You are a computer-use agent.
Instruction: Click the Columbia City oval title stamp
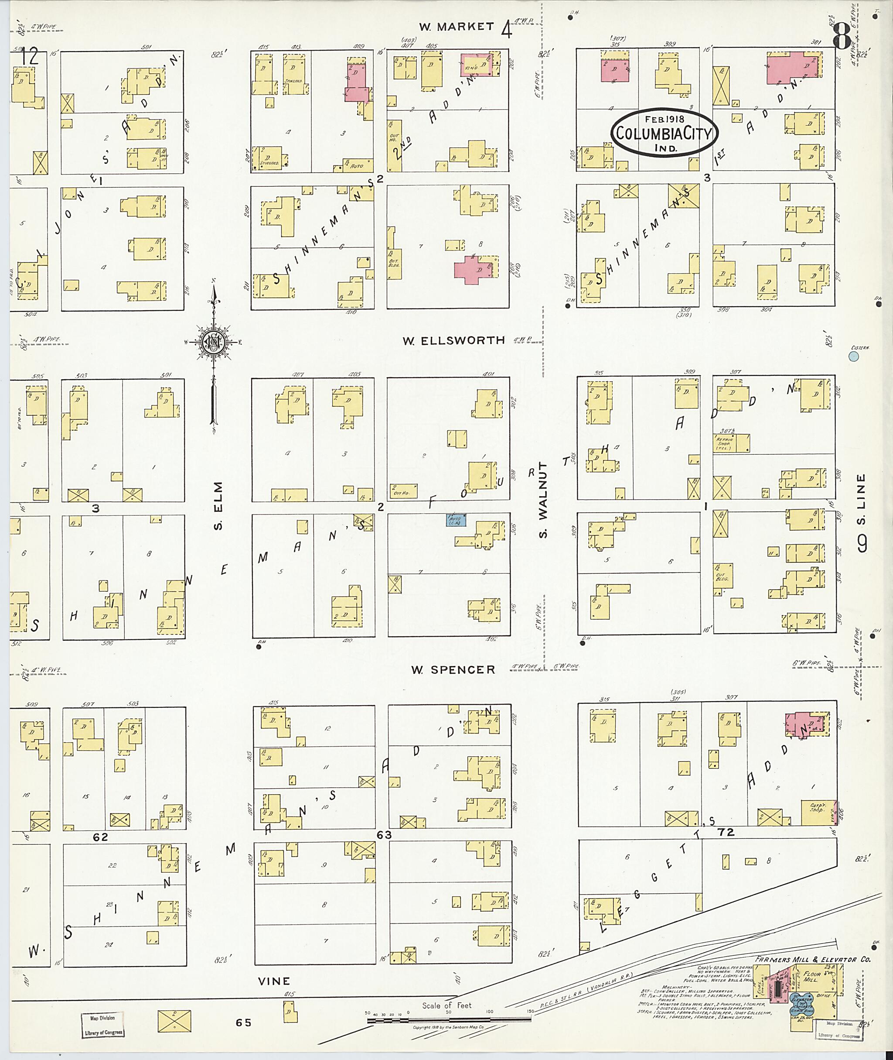tap(664, 133)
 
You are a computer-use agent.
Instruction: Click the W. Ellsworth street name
tap(453, 340)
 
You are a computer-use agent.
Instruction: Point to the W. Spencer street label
tap(453, 670)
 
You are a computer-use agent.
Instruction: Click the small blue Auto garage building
tap(456, 519)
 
